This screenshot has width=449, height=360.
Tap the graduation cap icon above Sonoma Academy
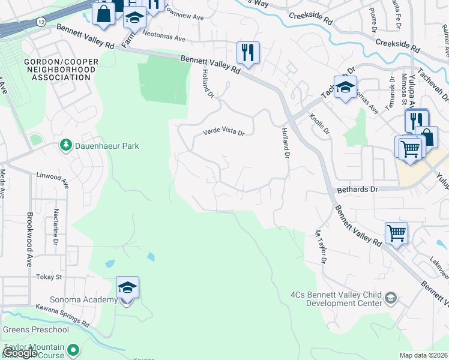click(127, 288)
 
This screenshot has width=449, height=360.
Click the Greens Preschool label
click(31, 329)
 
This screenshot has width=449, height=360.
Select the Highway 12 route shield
click(40, 22)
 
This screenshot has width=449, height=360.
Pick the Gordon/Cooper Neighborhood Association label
click(59, 70)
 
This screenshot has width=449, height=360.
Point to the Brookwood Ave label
click(28, 239)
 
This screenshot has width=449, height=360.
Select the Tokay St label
click(50, 277)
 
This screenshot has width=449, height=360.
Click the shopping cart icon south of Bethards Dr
click(396, 232)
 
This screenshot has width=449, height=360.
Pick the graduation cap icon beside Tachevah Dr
click(345, 88)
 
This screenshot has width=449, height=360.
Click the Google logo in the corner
click(20, 353)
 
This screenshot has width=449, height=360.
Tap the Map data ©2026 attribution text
click(423, 355)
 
